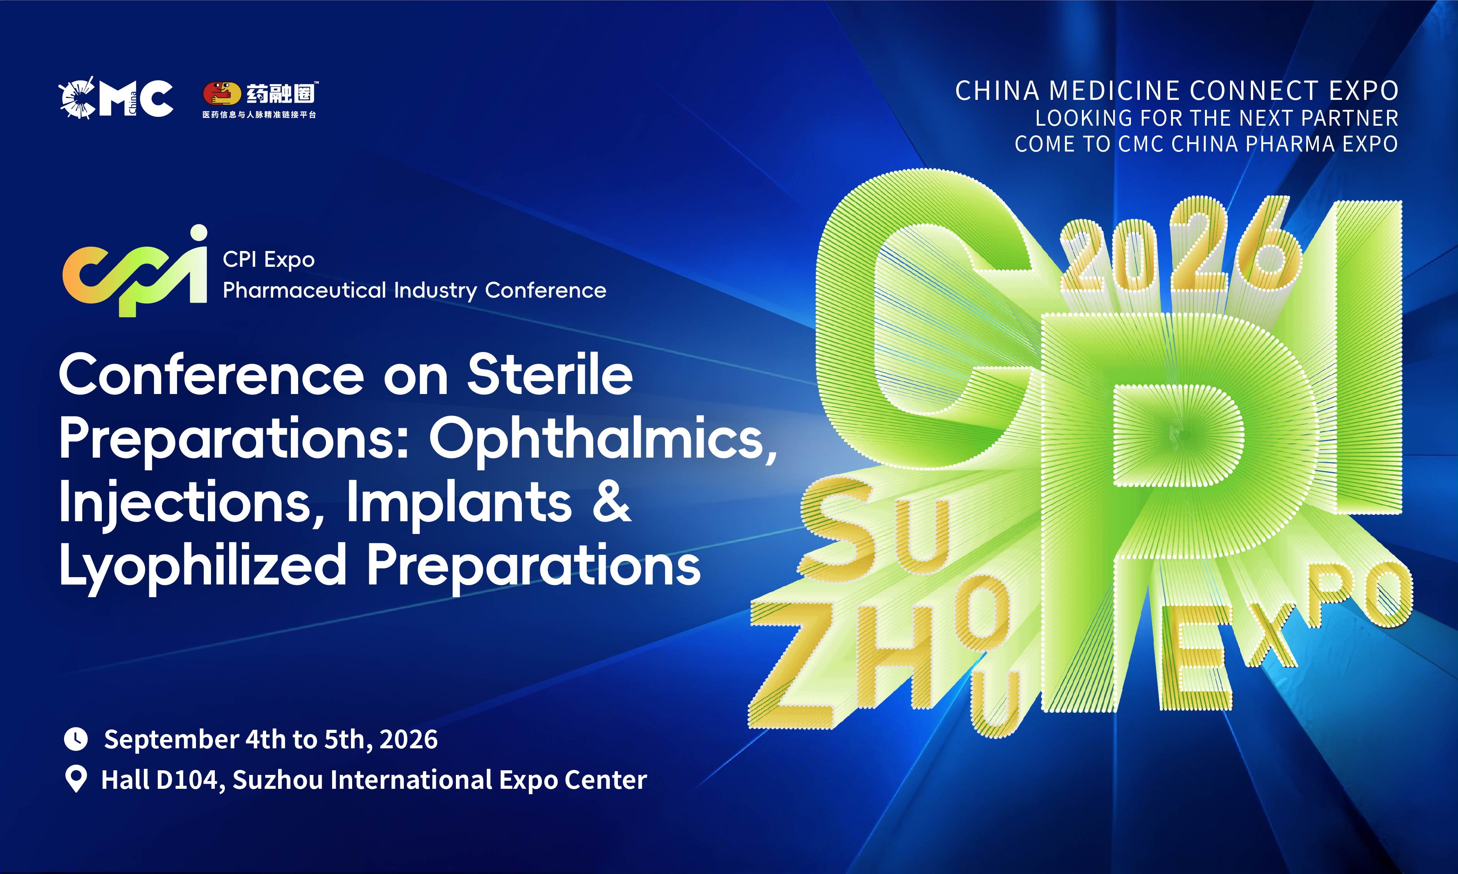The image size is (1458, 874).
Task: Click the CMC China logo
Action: click(x=116, y=98)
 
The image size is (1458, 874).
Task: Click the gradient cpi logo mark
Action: click(x=135, y=271)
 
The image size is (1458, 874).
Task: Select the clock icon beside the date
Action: click(x=76, y=739)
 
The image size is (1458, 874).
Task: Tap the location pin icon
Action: click(x=76, y=779)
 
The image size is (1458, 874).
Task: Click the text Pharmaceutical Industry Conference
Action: click(x=415, y=290)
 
